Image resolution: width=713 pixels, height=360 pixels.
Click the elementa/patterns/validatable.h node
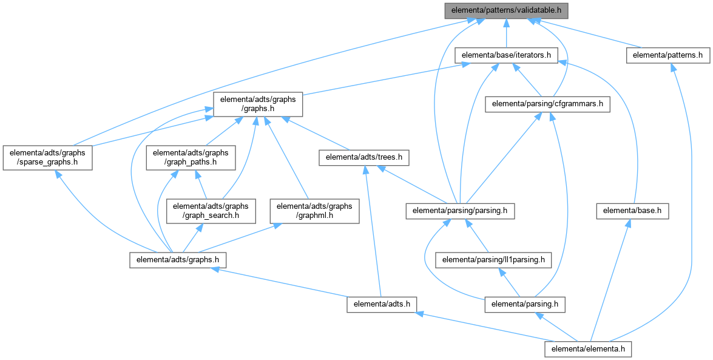click(507, 10)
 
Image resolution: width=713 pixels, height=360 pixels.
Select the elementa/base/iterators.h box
click(506, 55)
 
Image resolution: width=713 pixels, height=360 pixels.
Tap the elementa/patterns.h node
click(667, 55)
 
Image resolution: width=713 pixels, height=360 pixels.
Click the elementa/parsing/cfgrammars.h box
click(547, 103)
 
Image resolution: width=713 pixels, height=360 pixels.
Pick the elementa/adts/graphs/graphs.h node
click(258, 104)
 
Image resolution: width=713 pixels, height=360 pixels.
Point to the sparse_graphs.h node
click(47, 157)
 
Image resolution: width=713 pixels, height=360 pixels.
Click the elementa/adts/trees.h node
click(363, 158)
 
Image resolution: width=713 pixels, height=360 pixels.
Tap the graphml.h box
click(314, 211)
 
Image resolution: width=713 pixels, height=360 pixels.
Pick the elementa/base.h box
click(632, 211)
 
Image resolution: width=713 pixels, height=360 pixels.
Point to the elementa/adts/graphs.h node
click(178, 260)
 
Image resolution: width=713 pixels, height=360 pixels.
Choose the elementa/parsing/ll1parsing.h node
click(493, 260)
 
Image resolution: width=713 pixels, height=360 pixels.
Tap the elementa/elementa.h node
click(589, 349)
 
